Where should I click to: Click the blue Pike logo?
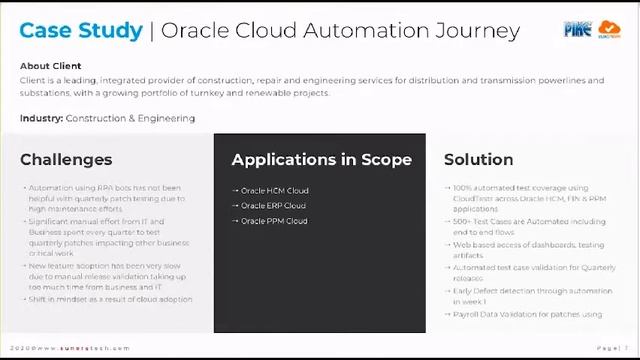coord(578,30)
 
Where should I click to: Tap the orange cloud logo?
coord(609,30)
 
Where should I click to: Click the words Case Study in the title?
coord(81,30)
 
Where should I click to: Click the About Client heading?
coord(50,67)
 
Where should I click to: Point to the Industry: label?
coord(41,118)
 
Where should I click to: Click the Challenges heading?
coord(66,159)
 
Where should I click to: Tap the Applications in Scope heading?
coord(321,159)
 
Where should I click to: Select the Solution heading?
coord(478,159)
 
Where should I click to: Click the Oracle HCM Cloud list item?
coord(273,190)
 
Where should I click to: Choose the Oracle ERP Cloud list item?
coord(272,205)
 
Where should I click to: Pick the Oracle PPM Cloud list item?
coord(272,220)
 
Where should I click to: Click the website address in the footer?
coord(73,348)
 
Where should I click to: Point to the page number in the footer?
coord(611,348)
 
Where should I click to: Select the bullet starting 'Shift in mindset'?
coord(109,299)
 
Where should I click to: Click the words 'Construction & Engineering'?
coord(130,118)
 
